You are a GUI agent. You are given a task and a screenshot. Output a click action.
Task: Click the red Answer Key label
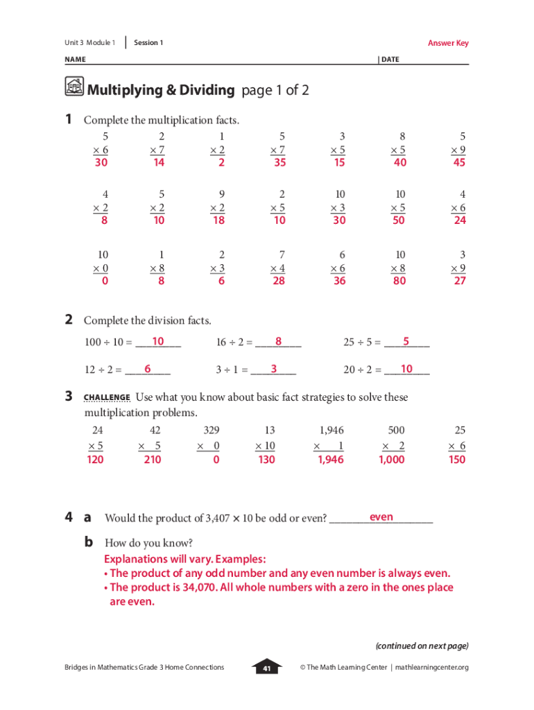448,43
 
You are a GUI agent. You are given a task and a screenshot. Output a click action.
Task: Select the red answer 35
280,162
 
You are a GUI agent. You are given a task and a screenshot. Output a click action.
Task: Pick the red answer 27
458,282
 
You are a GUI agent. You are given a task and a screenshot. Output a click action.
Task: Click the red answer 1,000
392,460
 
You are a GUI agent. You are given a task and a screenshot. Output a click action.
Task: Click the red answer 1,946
330,460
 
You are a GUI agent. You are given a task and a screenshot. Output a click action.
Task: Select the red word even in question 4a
381,517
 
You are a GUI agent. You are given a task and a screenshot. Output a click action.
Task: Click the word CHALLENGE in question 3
107,398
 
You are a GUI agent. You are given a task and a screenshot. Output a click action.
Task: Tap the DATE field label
390,60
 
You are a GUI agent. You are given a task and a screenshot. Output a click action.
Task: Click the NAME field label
75,60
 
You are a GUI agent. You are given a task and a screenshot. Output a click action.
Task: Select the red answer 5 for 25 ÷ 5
406,341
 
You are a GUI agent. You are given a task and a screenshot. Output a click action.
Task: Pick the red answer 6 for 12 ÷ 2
148,369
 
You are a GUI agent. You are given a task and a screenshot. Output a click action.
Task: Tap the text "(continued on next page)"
422,646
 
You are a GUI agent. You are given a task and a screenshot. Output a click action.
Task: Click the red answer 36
340,282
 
